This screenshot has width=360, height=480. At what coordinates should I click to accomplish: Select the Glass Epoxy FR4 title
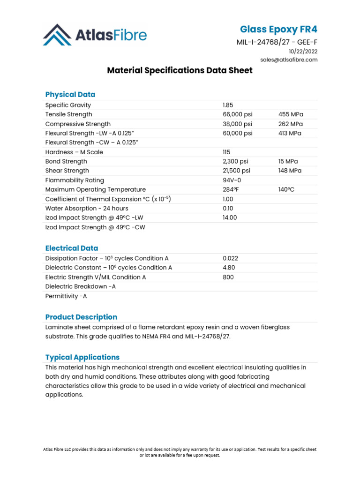[278, 30]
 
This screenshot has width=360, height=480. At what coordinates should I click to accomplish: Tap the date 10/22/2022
[303, 52]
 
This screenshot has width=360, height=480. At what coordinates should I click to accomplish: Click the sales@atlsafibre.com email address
[289, 60]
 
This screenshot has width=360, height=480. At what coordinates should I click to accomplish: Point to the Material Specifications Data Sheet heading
[180, 70]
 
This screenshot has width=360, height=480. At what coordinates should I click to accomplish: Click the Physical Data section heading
[70, 94]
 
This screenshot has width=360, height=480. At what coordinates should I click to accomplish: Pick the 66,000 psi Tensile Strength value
[237, 115]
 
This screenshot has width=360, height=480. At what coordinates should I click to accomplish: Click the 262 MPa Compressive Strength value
[290, 124]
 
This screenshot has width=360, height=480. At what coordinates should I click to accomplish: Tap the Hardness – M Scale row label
[74, 152]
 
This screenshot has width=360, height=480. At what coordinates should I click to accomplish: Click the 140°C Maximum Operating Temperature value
[287, 190]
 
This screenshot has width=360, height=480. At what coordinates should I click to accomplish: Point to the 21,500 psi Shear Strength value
[236, 171]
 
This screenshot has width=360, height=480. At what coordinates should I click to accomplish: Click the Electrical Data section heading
[71, 248]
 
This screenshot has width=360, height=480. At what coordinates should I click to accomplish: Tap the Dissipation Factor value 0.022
[231, 258]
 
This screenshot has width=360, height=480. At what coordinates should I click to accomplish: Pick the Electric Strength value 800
[228, 277]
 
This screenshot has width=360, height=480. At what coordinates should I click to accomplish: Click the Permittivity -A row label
[66, 296]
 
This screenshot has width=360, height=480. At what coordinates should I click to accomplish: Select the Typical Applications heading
[82, 357]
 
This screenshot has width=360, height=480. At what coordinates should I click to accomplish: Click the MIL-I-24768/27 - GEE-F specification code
[277, 43]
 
